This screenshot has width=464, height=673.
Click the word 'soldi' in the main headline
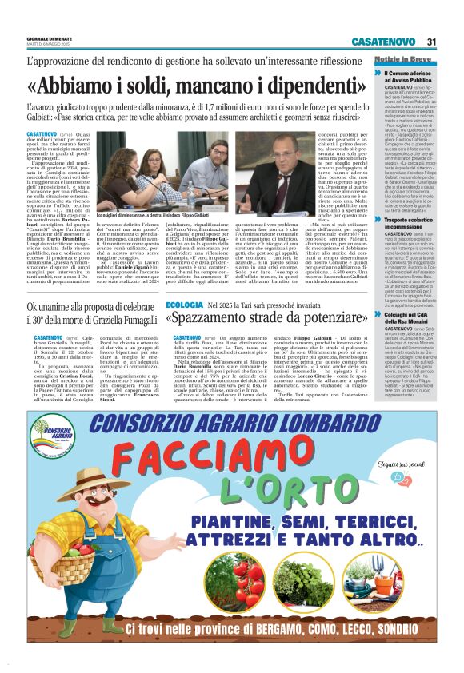151,84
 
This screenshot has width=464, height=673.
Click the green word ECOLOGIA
184,305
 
